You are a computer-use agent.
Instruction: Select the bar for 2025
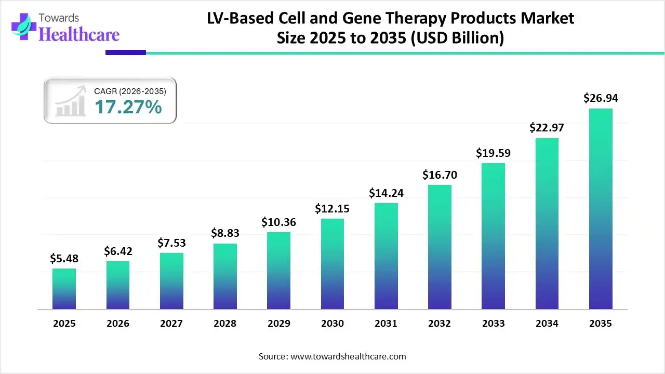click(x=64, y=289)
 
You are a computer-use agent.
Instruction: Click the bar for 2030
click(x=332, y=264)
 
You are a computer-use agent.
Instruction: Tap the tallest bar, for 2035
click(x=601, y=209)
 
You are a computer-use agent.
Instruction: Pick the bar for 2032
click(x=440, y=247)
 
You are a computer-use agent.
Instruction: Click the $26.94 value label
click(x=601, y=98)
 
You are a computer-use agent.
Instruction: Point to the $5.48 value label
click(x=64, y=258)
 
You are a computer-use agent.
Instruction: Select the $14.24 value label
click(x=386, y=193)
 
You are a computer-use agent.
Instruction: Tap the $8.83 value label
click(x=225, y=233)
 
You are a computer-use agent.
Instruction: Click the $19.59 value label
click(x=493, y=153)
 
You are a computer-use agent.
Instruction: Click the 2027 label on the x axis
click(x=171, y=324)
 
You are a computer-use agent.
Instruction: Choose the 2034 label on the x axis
click(x=547, y=324)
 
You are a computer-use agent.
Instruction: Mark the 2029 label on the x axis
click(x=278, y=324)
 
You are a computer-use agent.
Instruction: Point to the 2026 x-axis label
click(x=118, y=324)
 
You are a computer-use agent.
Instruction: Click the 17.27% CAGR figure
click(x=128, y=108)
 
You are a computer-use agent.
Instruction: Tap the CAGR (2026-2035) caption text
click(x=130, y=91)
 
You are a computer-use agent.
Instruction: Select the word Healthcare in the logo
click(x=79, y=34)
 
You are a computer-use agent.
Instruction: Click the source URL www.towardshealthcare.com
click(x=347, y=356)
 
